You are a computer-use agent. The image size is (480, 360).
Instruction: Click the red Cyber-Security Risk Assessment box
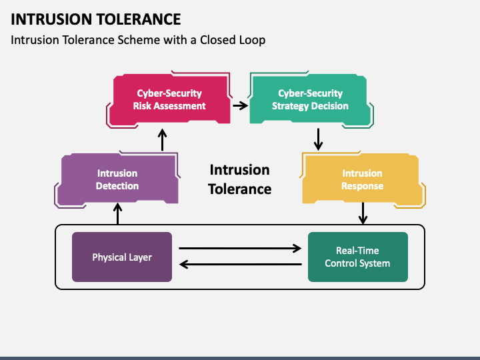coord(169,99)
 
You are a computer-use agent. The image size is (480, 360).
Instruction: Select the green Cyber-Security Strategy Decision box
coord(310,99)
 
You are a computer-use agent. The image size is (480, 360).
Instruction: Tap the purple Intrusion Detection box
coord(117,179)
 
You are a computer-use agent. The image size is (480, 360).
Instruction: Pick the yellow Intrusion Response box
coord(362,179)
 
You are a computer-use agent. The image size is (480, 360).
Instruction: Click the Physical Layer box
coord(122,257)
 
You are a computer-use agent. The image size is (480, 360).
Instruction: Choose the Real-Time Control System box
coord(358,257)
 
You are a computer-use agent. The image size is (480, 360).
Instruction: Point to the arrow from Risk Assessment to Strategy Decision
coord(240,105)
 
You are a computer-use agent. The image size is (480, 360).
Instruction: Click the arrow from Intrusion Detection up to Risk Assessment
coord(162,139)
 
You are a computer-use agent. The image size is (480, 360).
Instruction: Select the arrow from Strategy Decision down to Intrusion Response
coord(319,139)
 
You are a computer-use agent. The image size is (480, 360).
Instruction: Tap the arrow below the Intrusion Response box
coord(363,213)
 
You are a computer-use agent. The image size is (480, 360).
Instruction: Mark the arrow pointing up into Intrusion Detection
coord(117,214)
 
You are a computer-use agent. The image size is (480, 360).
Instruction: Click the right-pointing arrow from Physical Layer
coord(240,248)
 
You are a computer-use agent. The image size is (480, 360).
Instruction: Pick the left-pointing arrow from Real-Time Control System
coord(240,264)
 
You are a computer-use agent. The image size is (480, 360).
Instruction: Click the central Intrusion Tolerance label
coord(240,179)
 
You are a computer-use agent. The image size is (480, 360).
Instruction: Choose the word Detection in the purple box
coord(117,186)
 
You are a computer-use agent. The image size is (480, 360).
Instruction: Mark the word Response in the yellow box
coord(363,186)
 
